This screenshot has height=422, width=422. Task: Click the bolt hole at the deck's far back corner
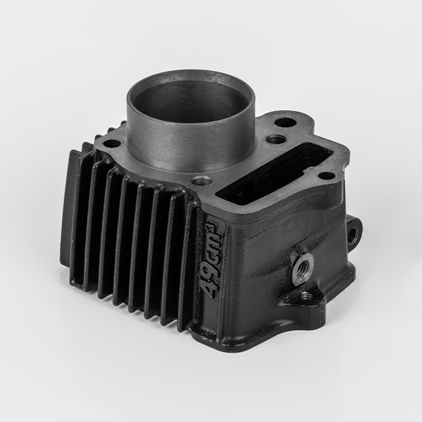[x=285, y=122]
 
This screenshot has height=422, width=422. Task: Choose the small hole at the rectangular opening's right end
[x=327, y=176]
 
